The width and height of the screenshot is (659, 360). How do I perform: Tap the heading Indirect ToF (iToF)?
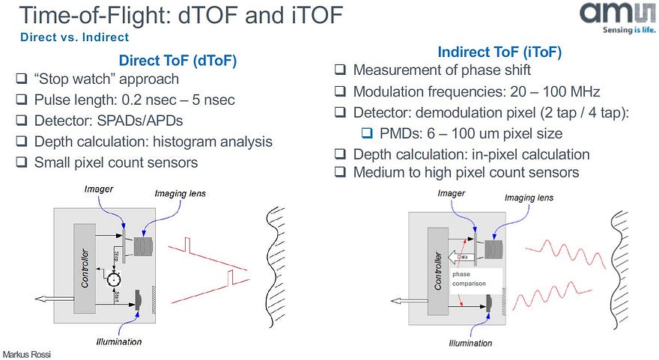[x=499, y=52]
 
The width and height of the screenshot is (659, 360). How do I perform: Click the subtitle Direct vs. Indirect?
[x=75, y=37]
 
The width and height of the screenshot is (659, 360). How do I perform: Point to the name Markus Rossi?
[x=28, y=353]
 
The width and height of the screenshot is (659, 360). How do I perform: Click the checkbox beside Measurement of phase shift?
[x=340, y=71]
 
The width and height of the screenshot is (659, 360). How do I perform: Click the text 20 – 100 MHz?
[x=544, y=92]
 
